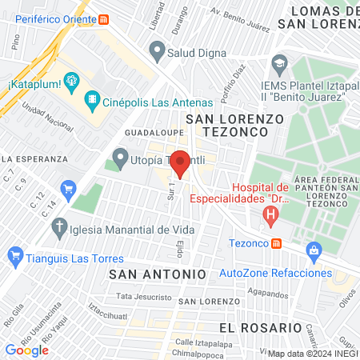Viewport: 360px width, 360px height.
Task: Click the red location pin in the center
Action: (x=181, y=163)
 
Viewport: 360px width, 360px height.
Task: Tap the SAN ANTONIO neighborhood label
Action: (x=158, y=274)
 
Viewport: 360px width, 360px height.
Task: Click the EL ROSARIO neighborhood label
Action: (x=255, y=328)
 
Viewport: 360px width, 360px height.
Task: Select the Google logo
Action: (x=26, y=350)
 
